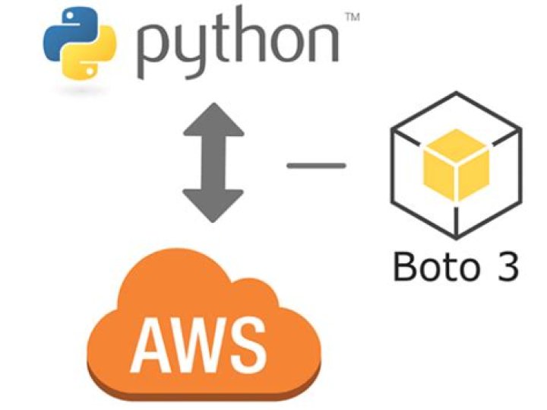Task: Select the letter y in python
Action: click(194, 53)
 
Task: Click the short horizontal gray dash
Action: click(315, 164)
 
